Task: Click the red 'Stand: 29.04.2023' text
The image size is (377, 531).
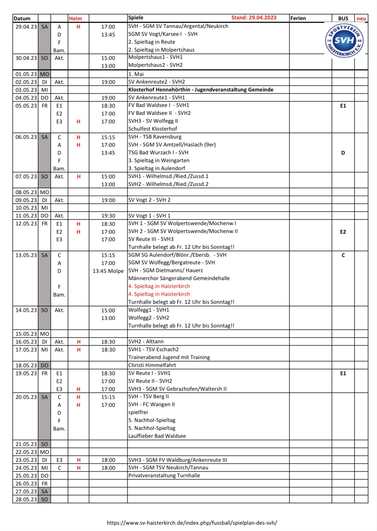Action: pos(254,18)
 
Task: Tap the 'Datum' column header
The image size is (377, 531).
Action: pos(22,18)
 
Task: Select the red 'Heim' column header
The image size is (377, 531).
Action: pos(75,18)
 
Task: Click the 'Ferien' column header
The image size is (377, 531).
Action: pos(298,18)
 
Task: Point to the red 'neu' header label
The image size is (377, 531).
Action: pos(361,18)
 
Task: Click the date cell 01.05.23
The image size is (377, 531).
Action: pos(26,74)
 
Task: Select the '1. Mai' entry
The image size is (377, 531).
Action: pos(136,74)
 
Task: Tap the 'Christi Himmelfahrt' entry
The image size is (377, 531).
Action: pos(152,365)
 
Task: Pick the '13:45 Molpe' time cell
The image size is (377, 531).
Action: pos(108,271)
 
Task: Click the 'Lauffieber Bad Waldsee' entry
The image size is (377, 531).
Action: pos(157,436)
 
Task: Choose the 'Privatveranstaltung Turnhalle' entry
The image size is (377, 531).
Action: pos(164,475)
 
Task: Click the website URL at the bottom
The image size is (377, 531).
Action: pos(192,522)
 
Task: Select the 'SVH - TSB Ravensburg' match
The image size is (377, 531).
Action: pos(155,137)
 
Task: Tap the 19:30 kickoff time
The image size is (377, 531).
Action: pos(108,216)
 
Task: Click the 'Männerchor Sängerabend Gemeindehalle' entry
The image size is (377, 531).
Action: pos(179,278)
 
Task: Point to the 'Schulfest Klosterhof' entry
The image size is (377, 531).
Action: pos(153,129)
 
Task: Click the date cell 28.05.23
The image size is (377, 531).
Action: pos(26,499)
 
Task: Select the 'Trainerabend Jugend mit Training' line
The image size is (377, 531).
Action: pos(169,357)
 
